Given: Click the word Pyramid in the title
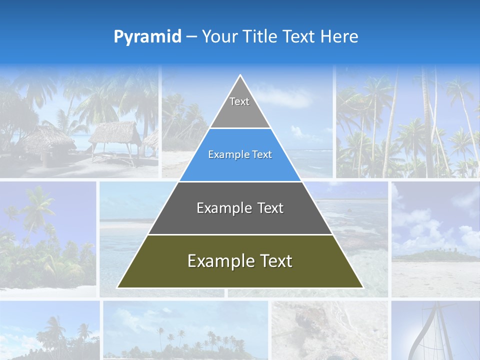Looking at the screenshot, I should pos(147,36).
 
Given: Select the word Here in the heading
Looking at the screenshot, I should pos(339,36).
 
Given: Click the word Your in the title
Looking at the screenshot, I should pos(220,36).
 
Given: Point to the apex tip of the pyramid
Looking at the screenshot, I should pos(240,76).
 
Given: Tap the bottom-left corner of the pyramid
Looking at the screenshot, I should pos(118,287).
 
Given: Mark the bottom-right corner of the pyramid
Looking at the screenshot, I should pos(362,287).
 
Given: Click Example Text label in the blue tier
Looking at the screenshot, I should pos(240,155).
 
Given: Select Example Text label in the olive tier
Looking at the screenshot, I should pos(240,261).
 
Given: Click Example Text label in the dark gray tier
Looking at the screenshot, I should pos(240,208).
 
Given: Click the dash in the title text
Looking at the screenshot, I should pos(191,37).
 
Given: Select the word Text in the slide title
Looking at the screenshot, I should pos(299,36).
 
